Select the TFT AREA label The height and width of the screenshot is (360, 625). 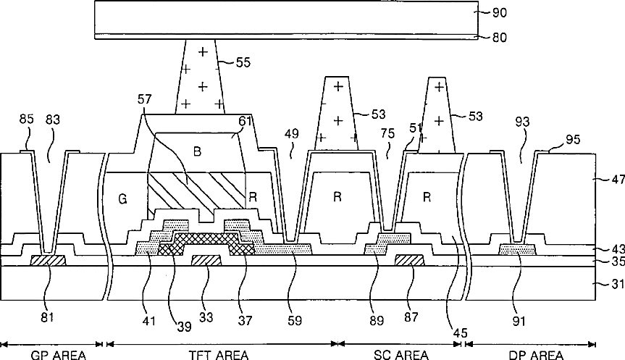pyautogui.click(x=218, y=354)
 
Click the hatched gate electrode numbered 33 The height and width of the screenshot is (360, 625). pyautogui.click(x=206, y=260)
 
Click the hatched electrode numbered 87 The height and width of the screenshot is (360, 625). pyautogui.click(x=410, y=260)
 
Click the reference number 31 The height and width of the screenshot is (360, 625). pyautogui.click(x=608, y=285)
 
